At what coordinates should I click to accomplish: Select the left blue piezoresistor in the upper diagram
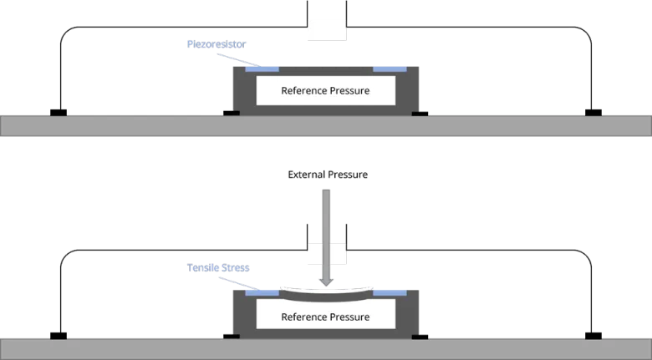tap(262, 68)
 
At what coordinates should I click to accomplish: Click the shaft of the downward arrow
tap(326, 226)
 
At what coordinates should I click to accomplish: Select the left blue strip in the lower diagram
tap(260, 292)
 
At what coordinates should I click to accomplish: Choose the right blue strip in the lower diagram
tap(390, 292)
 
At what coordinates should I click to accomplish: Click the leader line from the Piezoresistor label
tap(237, 56)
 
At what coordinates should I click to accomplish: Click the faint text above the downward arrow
tap(327, 176)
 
